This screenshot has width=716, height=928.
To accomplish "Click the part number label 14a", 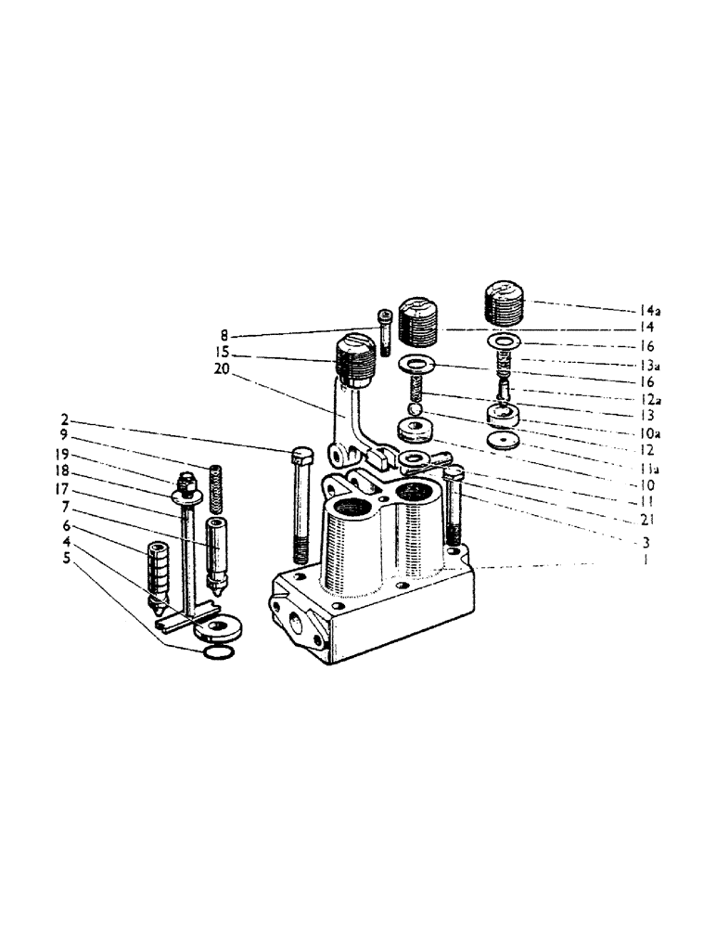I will pyautogui.click(x=649, y=310).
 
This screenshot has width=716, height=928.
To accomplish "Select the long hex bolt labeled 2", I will pyautogui.click(x=302, y=506).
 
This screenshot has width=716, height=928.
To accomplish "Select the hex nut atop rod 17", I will pyautogui.click(x=185, y=483).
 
